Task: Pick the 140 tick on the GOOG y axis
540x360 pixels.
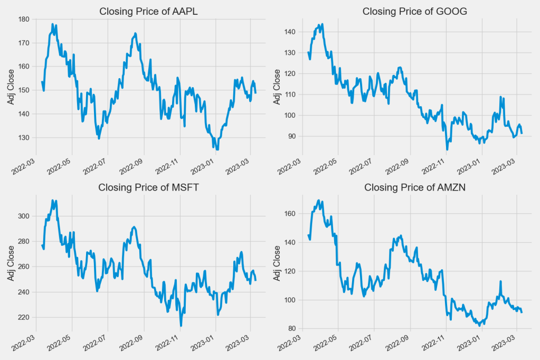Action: pos(290,32)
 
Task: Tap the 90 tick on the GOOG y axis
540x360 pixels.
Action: pos(292,136)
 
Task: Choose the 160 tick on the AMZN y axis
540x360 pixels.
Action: pos(290,214)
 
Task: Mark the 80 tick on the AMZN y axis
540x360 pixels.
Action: pos(292,329)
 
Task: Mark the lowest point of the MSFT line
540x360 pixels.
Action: pos(181,326)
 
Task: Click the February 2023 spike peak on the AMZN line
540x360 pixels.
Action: pos(500,282)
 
